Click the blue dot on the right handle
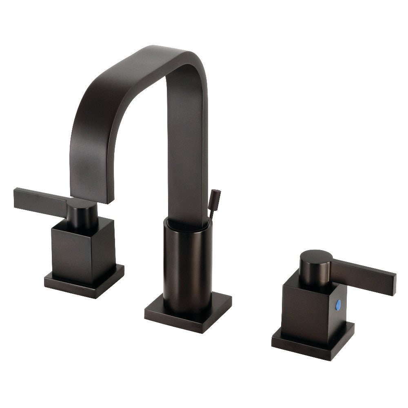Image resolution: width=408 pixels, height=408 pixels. click(338, 304)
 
